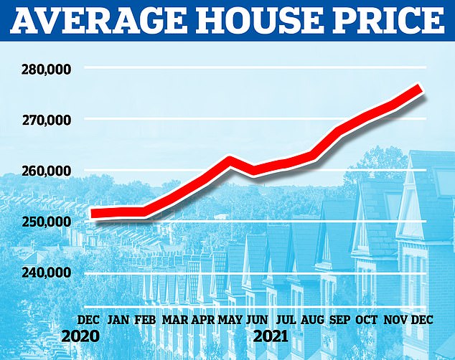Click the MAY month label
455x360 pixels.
point(230,318)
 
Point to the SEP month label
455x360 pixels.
point(339,318)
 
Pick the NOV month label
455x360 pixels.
point(395,318)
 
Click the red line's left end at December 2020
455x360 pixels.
point(92,213)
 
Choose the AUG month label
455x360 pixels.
point(312,318)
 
